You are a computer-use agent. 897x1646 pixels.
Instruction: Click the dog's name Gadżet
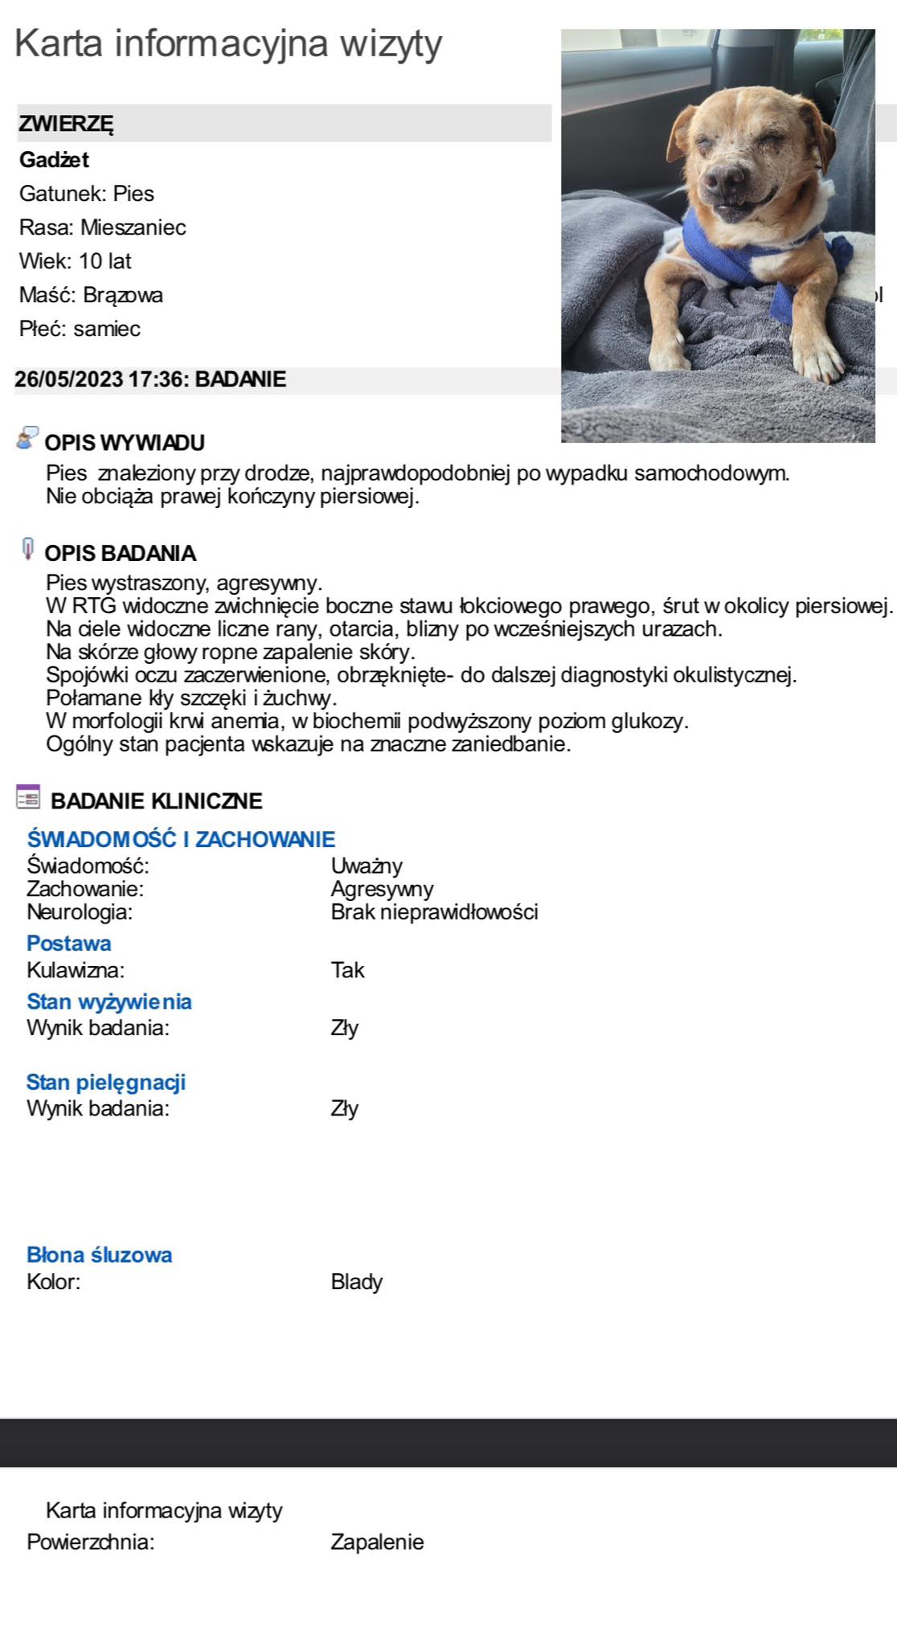point(54,160)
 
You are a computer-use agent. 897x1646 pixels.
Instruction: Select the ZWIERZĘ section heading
point(66,124)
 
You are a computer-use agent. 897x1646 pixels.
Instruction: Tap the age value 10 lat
point(104,261)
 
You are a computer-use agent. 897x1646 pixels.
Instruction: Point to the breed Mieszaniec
point(133,227)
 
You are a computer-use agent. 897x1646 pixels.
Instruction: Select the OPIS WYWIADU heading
point(125,443)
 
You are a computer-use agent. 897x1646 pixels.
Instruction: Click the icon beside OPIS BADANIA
point(28,550)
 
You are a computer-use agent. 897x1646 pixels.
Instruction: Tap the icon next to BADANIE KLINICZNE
point(28,797)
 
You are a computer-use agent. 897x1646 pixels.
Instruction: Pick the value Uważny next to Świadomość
point(367,866)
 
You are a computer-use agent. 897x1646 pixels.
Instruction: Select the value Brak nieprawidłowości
point(434,912)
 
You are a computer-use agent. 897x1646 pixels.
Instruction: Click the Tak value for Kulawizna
point(347,970)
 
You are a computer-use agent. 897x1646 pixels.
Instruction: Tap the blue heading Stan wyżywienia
point(109,1001)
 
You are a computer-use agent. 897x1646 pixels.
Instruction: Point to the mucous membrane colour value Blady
point(356,1282)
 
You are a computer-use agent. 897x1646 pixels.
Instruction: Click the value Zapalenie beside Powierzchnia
point(377,1542)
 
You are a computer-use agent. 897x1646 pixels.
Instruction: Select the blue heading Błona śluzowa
point(100,1255)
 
